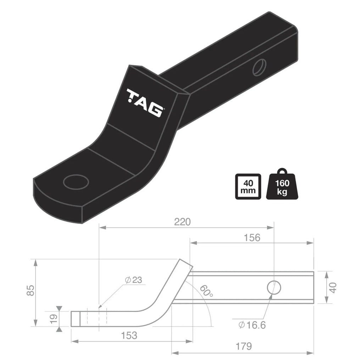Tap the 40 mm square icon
[248, 187]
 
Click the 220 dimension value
[182, 222]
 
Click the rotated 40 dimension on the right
[333, 287]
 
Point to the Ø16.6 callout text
[252, 325]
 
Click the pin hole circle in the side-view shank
[274, 287]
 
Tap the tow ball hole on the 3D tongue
[76, 182]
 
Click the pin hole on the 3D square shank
[259, 67]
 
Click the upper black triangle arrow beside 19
[59, 309]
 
